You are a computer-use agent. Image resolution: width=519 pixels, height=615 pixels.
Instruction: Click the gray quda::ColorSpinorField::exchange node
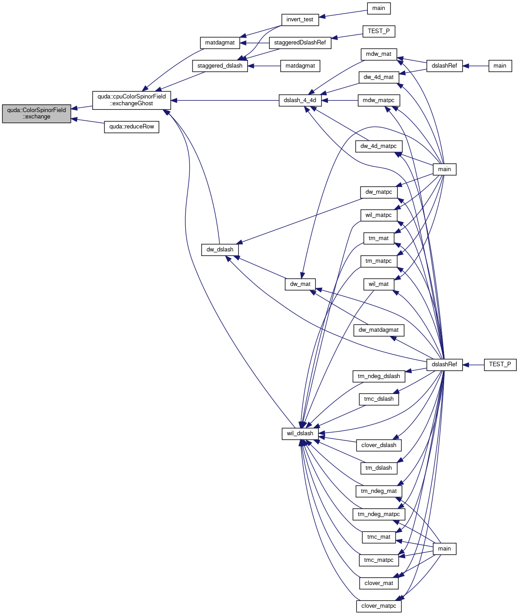point(36,113)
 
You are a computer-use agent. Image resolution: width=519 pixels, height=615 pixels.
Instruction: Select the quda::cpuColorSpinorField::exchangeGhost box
point(131,100)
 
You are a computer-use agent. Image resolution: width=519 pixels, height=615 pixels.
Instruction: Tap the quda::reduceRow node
point(131,127)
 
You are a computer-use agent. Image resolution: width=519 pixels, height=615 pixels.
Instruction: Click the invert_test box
point(300,20)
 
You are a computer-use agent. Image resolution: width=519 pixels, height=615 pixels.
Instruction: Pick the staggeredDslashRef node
point(300,43)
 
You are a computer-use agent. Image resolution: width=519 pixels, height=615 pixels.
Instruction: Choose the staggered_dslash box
point(220,66)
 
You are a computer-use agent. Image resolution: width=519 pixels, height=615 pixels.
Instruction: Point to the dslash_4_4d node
point(300,100)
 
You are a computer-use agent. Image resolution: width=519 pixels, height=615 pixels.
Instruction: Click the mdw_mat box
point(378,54)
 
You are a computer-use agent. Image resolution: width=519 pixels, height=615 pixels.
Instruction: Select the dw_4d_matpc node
point(378,147)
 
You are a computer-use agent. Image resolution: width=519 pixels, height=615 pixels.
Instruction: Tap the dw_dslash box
point(220,250)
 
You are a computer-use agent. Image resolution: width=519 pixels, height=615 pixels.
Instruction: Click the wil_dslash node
point(300,433)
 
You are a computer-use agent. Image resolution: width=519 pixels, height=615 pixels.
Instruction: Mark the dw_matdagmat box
point(378,330)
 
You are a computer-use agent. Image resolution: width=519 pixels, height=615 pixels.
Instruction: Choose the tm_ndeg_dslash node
point(378,376)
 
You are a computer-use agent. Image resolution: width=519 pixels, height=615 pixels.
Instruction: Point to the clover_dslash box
point(378,445)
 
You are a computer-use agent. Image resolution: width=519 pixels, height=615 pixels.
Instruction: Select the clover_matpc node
point(378,606)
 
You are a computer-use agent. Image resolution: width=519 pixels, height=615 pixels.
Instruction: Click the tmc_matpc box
point(378,560)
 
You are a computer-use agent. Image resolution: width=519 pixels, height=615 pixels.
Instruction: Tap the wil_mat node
point(378,284)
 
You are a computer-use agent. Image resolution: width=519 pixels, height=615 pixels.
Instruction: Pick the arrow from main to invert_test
point(343,14)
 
